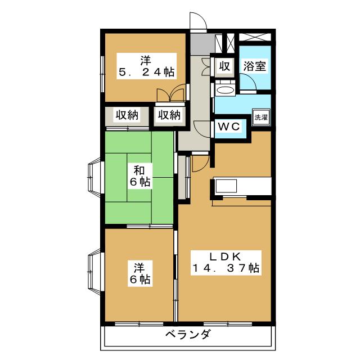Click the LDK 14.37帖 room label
[x=226, y=262]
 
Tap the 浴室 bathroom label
[x=254, y=65]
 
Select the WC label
[x=229, y=127]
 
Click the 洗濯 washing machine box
[x=261, y=118]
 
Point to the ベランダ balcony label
[x=188, y=335]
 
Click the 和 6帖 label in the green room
[x=140, y=175]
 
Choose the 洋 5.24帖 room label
[x=145, y=65]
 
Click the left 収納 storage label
[x=127, y=115]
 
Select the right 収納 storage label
[x=169, y=115]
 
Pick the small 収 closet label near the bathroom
[x=224, y=66]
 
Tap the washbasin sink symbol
[x=226, y=90]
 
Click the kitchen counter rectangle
[x=242, y=186]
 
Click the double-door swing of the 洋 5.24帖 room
[x=171, y=93]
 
